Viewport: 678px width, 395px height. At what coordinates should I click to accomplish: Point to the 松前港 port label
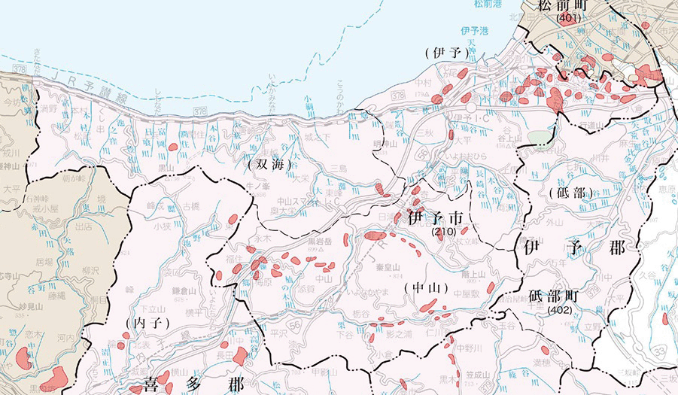coord(488,5)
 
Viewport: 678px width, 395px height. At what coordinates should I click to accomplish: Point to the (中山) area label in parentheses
coord(426,288)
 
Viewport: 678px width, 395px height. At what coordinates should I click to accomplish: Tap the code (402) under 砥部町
coord(561,309)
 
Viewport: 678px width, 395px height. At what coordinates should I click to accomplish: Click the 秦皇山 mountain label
coord(387,267)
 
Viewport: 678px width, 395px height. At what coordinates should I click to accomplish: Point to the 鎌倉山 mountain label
coord(184,290)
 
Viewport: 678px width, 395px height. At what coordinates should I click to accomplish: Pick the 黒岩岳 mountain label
coord(320,242)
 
